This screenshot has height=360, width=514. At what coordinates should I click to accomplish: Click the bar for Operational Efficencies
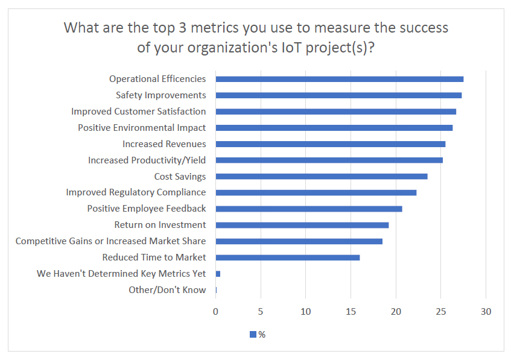(x=339, y=79)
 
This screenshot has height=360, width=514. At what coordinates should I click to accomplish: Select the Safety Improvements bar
(x=338, y=95)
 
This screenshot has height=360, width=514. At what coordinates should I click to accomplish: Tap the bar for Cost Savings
(x=322, y=176)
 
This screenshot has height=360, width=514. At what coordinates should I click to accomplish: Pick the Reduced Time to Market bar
(x=288, y=257)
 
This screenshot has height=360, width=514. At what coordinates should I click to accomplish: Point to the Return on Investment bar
(x=302, y=225)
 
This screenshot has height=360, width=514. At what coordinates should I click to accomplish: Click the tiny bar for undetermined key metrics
(x=218, y=274)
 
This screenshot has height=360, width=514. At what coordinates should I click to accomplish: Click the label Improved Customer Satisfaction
(x=138, y=112)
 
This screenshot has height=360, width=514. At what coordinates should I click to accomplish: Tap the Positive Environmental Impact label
(x=142, y=128)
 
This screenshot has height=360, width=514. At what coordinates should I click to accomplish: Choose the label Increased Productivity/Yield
(x=147, y=160)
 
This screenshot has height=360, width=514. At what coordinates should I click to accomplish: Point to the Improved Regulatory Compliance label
(x=136, y=192)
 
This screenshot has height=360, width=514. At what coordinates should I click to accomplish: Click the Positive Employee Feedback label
(x=147, y=209)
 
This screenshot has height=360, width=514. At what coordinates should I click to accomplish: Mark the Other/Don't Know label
(x=167, y=290)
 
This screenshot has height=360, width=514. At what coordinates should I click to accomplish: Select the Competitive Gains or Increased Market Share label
(x=110, y=241)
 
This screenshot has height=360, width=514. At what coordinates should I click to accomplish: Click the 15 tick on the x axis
(x=351, y=312)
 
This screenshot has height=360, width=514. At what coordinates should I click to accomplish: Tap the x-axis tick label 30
(x=486, y=312)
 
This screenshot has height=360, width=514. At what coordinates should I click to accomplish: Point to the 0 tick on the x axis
(x=215, y=312)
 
